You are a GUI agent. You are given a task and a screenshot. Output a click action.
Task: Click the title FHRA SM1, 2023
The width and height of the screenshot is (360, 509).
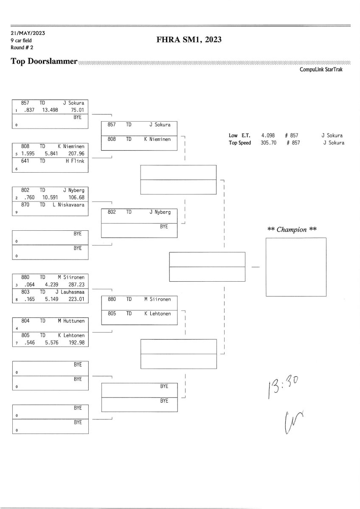click(x=189, y=40)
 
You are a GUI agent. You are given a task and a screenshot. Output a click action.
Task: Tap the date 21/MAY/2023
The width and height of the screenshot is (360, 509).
click(x=28, y=33)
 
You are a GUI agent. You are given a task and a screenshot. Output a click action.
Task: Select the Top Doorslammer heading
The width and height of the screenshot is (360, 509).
click(x=44, y=62)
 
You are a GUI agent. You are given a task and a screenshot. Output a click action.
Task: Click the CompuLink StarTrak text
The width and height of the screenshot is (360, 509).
click(x=321, y=70)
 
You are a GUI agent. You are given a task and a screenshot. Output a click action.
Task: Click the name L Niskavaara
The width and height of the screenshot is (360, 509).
click(x=71, y=205)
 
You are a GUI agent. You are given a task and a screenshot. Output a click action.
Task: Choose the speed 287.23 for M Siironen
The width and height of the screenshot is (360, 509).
click(x=76, y=285)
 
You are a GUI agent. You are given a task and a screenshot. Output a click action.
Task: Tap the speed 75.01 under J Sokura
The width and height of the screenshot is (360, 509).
click(x=78, y=109)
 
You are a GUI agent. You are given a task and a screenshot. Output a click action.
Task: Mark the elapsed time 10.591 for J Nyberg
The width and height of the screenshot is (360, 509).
click(x=50, y=197)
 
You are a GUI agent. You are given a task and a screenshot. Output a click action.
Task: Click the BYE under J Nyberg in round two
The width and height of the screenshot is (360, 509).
click(x=164, y=227)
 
